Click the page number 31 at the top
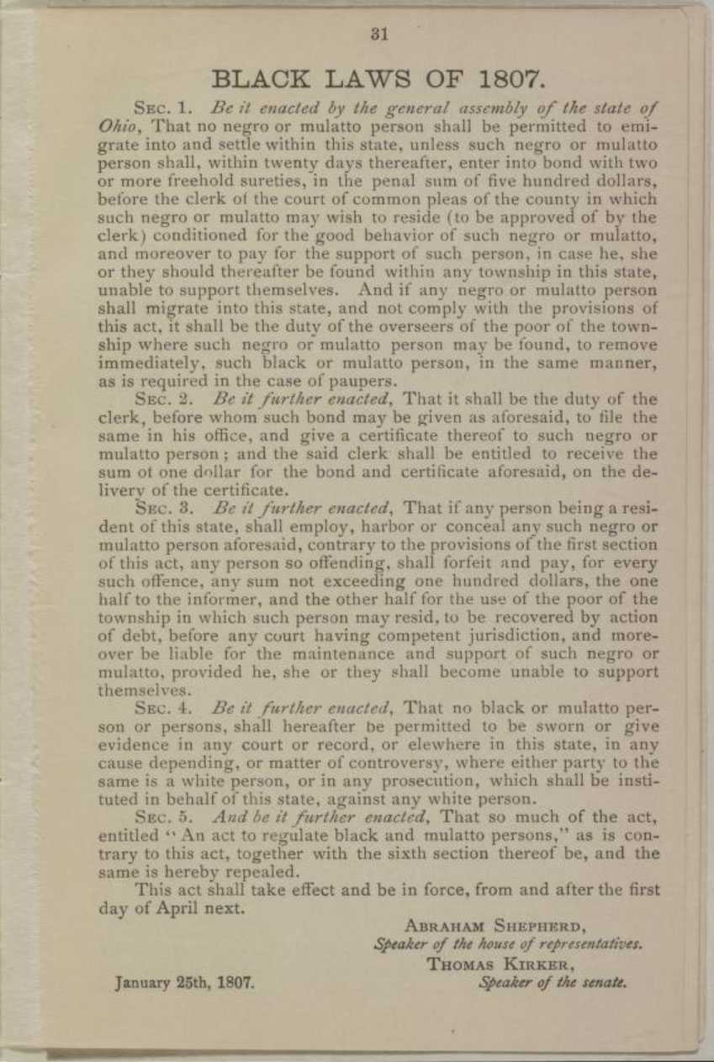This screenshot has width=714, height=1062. coord(378,34)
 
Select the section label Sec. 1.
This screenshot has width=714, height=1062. coord(164,108)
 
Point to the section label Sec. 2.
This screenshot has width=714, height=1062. coord(164,399)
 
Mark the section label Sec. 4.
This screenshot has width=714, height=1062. coord(165,707)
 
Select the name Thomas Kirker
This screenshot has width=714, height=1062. coord(496,964)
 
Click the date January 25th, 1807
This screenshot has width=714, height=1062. coord(184,981)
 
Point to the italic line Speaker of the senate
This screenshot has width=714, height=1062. coord(553,981)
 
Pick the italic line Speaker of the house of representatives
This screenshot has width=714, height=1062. coord(508,944)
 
